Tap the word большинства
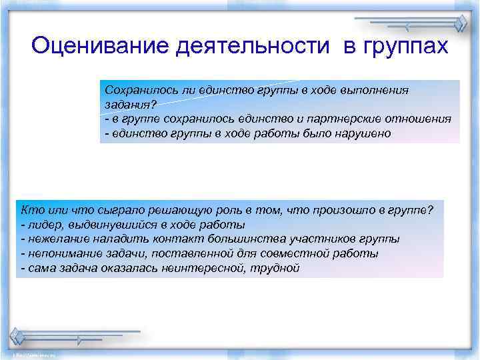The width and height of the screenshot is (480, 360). click(252, 239)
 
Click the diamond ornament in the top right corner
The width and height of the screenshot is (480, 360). click(459, 26)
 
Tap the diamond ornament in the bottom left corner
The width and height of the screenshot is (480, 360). click(17, 335)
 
